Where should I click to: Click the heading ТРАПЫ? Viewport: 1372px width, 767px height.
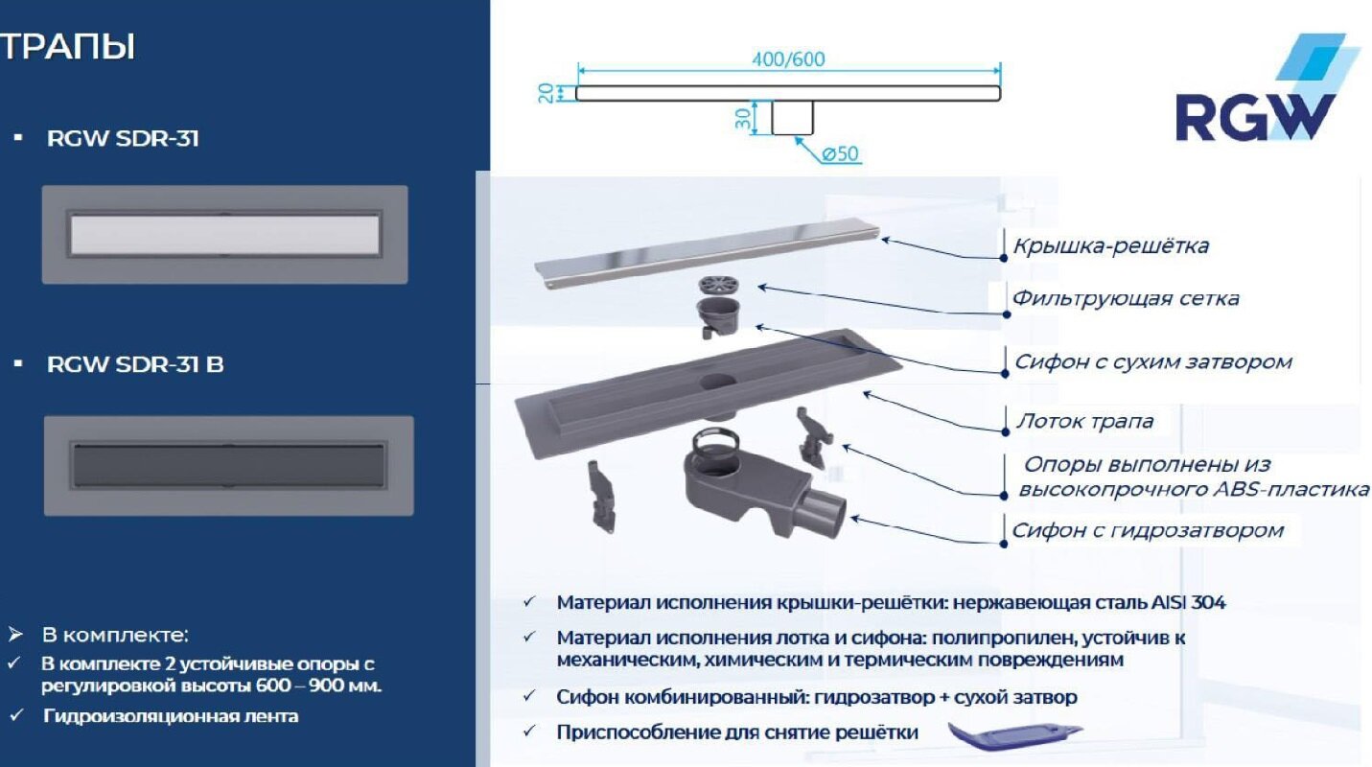click(x=67, y=47)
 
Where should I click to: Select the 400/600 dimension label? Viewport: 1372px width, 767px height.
click(x=788, y=59)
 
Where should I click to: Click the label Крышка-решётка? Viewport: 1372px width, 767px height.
click(x=1110, y=246)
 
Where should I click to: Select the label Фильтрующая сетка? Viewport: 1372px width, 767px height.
click(x=1126, y=299)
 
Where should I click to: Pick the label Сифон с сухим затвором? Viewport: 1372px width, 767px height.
click(x=1152, y=362)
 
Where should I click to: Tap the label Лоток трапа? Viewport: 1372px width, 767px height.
click(x=1083, y=422)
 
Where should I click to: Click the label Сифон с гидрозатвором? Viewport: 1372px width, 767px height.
click(x=1147, y=530)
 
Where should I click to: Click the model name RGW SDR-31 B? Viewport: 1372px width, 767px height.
click(x=135, y=364)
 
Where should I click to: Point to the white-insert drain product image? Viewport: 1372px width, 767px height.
click(x=224, y=235)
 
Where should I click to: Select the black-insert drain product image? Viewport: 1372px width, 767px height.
click(x=228, y=465)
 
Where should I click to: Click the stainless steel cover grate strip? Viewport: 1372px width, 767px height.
click(x=705, y=255)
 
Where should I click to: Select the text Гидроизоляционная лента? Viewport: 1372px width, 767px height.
click(x=170, y=716)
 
